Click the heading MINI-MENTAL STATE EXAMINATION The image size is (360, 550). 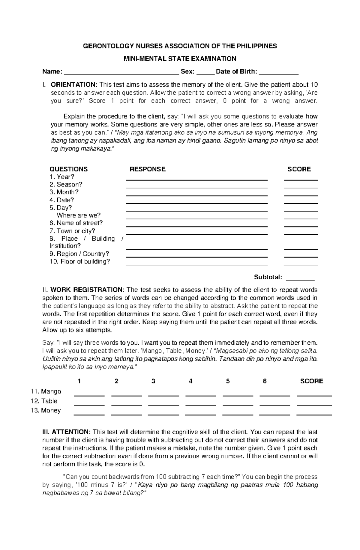[x=180, y=59]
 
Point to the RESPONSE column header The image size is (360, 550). [x=147, y=169]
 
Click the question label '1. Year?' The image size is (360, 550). [x=62, y=177]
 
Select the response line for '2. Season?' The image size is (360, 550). [x=196, y=187]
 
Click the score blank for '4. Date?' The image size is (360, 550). [x=301, y=203]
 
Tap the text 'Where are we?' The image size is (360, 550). [x=79, y=215]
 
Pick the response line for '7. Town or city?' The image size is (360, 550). [x=196, y=234]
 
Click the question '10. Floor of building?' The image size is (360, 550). [x=80, y=262]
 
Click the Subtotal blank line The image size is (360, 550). [x=300, y=279]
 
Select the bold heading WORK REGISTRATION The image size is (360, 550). [x=86, y=290]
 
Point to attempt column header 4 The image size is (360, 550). [x=190, y=381]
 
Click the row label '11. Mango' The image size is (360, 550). [x=46, y=391]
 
